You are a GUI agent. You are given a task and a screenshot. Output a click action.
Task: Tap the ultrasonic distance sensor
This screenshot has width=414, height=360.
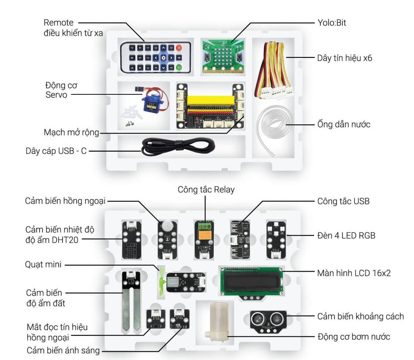click(x=267, y=320)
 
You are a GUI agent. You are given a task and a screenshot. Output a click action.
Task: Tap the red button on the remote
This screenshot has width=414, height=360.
click(x=179, y=48)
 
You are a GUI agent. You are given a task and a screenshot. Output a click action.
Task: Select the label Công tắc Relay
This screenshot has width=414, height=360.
click(x=206, y=190)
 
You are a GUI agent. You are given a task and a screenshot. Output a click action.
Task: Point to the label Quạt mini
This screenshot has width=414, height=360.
click(x=43, y=264)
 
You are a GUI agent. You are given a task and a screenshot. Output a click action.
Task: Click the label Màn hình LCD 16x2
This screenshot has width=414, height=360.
click(x=354, y=273)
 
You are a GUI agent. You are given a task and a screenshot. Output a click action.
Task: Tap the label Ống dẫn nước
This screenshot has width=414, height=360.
click(x=343, y=124)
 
